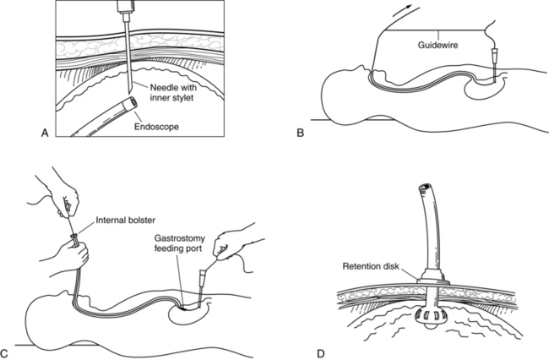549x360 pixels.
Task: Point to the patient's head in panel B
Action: (x=347, y=93)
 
